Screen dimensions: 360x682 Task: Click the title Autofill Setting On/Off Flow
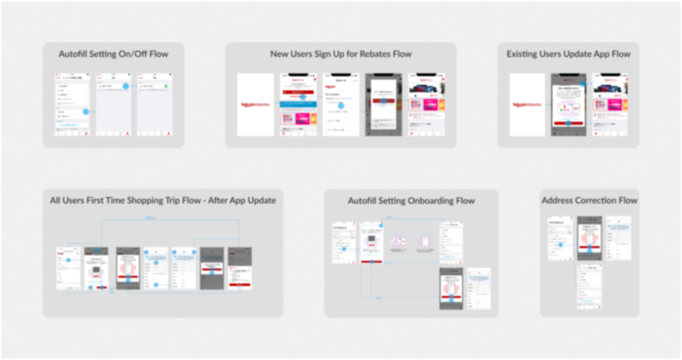[x=113, y=54]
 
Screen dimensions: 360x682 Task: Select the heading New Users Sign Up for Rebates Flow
[x=341, y=54]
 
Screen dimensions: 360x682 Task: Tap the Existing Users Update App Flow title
[x=568, y=54]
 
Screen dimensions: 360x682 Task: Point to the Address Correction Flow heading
[x=589, y=200]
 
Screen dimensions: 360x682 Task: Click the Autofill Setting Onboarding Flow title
[x=411, y=201]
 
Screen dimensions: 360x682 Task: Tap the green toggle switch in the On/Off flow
[x=166, y=86]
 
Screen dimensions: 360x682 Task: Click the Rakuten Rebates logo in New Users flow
[x=255, y=105]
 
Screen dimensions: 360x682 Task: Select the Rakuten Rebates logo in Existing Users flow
[x=527, y=105]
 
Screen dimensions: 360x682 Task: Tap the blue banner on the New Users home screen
[x=298, y=105]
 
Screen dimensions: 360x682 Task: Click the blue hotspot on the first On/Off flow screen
[x=86, y=112]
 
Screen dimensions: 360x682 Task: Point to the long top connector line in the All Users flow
[x=170, y=220]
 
